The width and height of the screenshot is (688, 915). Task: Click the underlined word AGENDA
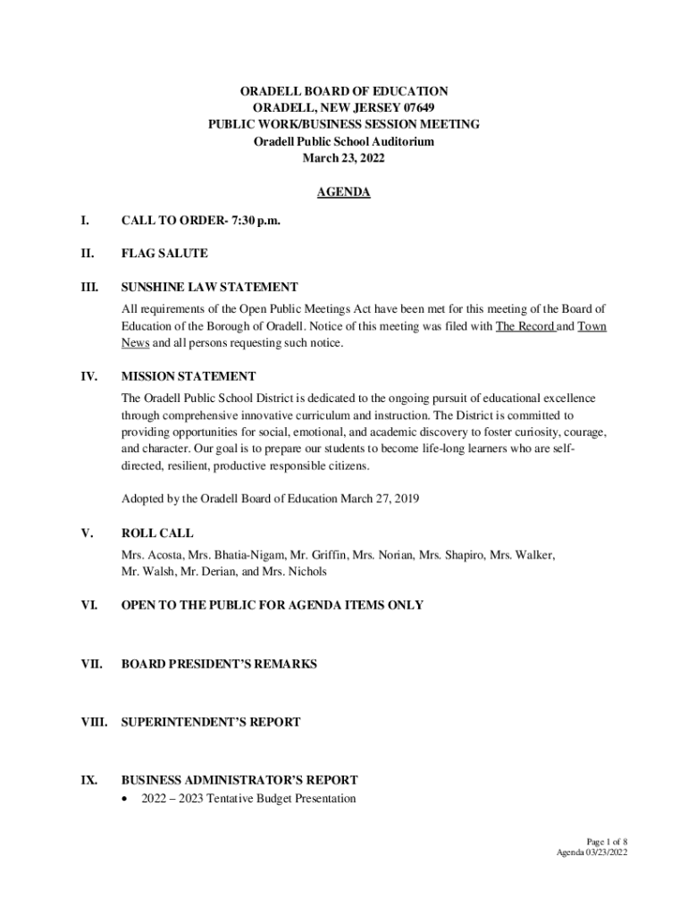coord(343,192)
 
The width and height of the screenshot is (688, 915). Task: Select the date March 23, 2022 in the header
coord(343,158)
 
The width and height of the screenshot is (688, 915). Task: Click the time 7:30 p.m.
coord(256,220)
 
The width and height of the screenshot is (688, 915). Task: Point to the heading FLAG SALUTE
coord(164,254)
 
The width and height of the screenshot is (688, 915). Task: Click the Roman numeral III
coord(89,287)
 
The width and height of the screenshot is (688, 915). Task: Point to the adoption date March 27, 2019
coord(380,499)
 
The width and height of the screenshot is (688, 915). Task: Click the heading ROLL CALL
coord(157,533)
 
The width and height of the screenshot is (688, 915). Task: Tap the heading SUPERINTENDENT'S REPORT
coord(211,722)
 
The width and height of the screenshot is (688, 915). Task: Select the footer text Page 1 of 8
coord(607,842)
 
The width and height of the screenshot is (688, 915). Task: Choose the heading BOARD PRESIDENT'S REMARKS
coord(219,664)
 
